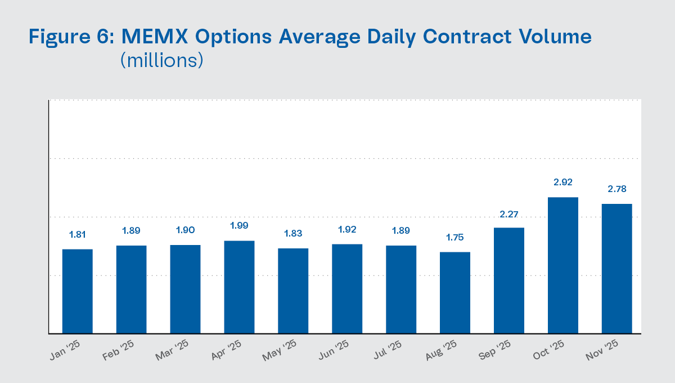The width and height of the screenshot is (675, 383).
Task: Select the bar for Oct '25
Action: click(562, 265)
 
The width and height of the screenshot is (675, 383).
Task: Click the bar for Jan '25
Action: click(77, 291)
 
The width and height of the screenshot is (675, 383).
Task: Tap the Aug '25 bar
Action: click(455, 292)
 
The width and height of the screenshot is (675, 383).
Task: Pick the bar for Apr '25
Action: click(239, 287)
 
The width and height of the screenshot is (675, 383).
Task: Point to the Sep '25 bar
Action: click(509, 280)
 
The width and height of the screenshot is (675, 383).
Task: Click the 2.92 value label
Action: click(562, 182)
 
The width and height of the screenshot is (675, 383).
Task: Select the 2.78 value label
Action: click(616, 189)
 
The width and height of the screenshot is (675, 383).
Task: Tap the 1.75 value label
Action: click(455, 237)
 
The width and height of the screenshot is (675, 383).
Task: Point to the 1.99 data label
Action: click(239, 226)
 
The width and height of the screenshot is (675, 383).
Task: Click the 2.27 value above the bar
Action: click(509, 213)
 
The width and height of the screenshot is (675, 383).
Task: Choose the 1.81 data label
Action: click(77, 235)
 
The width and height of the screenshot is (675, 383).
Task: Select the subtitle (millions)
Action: click(161, 60)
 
